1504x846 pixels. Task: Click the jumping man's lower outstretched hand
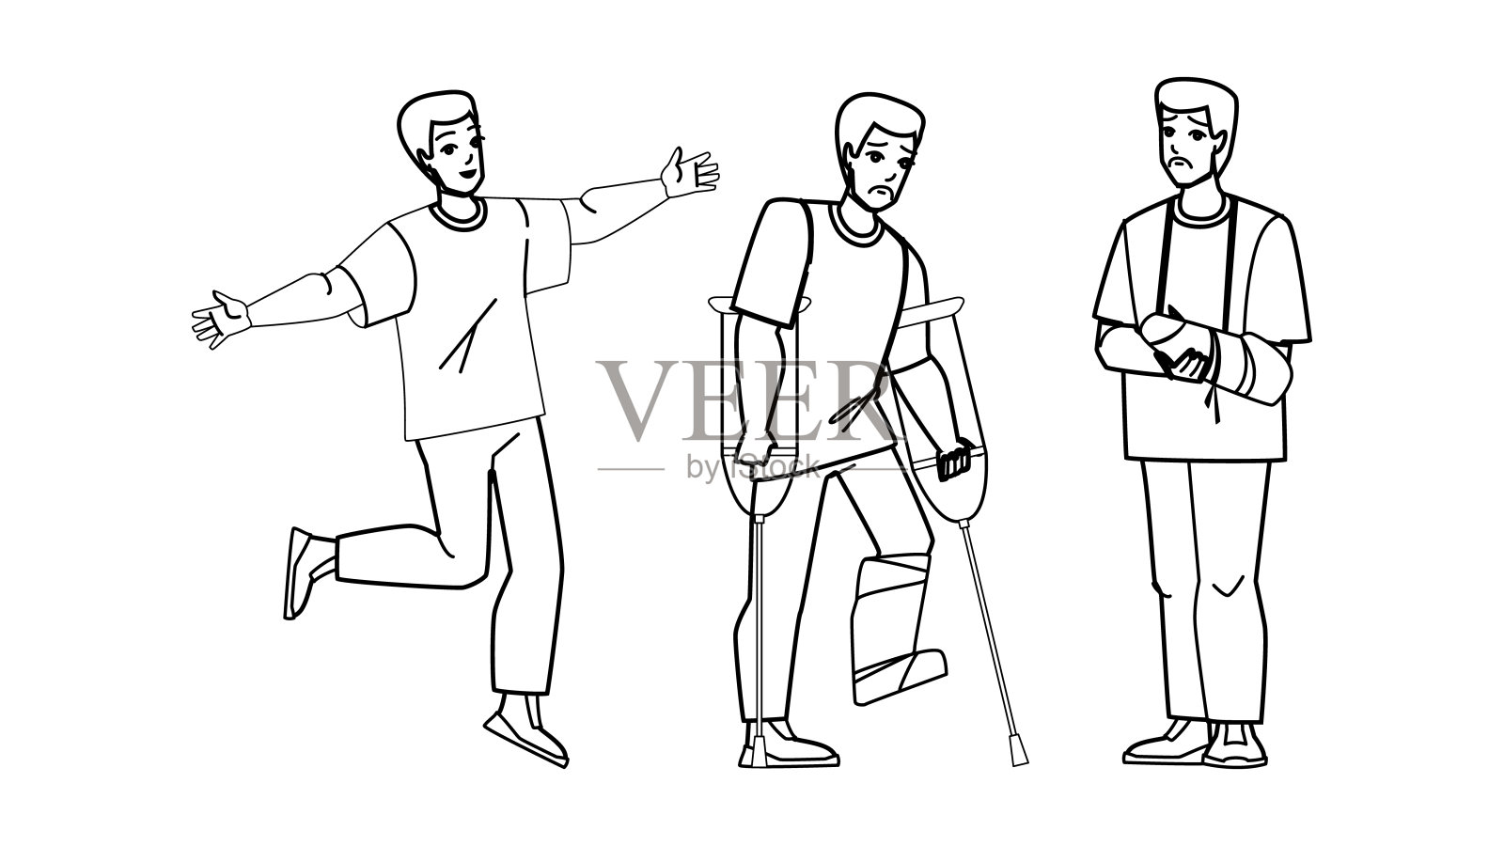(220, 319)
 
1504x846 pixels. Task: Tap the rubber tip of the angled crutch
(1018, 753)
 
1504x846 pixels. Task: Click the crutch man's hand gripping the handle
(954, 460)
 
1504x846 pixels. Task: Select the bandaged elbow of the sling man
(1262, 371)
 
